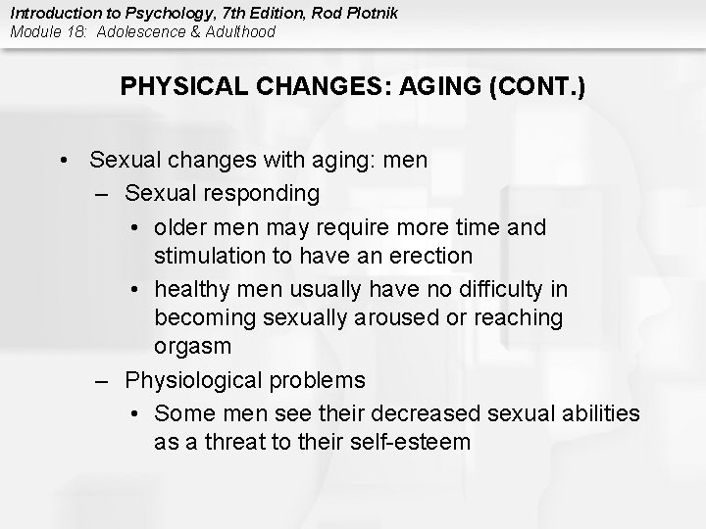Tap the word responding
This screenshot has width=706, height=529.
pyautogui.click(x=261, y=194)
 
